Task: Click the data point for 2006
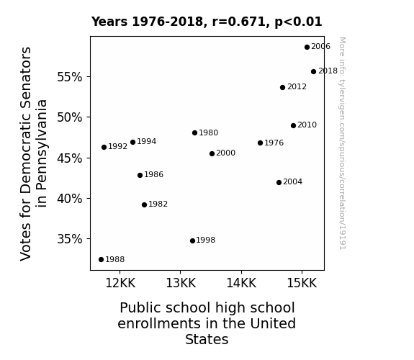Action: click(307, 48)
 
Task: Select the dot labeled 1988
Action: click(101, 260)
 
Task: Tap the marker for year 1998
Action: click(192, 241)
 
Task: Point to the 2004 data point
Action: click(279, 182)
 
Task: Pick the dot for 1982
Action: click(144, 205)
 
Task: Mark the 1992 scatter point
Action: click(104, 148)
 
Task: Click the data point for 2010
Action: click(293, 126)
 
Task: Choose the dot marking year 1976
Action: click(260, 143)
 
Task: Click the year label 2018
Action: click(328, 71)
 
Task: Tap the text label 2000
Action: click(225, 153)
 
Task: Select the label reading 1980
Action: click(208, 132)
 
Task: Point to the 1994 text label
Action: click(147, 141)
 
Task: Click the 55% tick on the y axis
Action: click(69, 77)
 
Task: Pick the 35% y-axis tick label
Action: click(69, 239)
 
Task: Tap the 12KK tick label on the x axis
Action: click(120, 283)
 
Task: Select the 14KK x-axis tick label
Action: click(241, 283)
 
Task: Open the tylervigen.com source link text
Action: click(342, 143)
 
